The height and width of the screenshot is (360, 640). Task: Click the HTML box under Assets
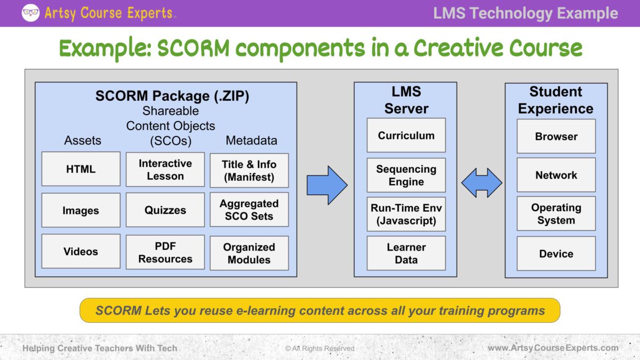pos(81,169)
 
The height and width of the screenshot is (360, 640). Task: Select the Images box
pos(81,210)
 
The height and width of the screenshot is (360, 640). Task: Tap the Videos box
pos(81,251)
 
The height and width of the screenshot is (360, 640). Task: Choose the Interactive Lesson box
pos(165,170)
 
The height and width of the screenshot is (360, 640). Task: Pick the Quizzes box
pos(165,210)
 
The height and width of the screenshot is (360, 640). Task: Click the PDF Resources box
pos(165,252)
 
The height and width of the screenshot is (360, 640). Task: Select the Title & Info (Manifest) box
pos(249,171)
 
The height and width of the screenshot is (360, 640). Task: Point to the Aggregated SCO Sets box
pos(249,210)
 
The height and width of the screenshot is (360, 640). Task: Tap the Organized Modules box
pos(249,253)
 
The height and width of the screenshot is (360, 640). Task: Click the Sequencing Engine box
pos(406,175)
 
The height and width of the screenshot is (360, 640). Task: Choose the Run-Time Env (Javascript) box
pos(406,214)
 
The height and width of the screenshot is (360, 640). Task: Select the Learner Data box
pos(406,253)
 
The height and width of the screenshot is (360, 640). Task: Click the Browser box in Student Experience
pos(556,137)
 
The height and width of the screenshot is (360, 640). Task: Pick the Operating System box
pos(556,214)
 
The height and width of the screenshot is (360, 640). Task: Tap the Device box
pos(556,254)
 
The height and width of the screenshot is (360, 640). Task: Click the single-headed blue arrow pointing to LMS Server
pos(326,185)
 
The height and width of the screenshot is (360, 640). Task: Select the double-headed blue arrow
pos(482,183)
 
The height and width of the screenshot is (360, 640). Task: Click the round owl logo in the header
pos(30,13)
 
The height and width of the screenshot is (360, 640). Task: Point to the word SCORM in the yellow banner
pos(118,310)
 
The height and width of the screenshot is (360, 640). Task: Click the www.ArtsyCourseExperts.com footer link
pos(553,348)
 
